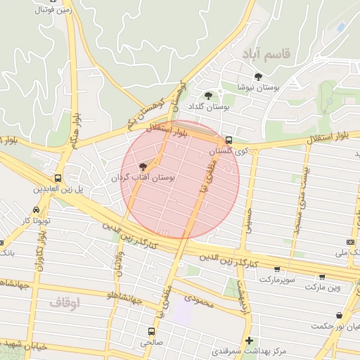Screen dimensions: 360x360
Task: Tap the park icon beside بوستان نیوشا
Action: [x=258, y=77]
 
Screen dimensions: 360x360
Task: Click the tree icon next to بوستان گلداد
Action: [x=207, y=96]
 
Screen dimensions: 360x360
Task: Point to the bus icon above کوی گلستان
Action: [x=229, y=139]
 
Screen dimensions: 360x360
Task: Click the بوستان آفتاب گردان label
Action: [x=145, y=179]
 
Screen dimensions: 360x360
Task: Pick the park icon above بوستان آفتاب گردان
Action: [x=143, y=167]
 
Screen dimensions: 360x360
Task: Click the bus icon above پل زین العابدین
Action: [x=57, y=178]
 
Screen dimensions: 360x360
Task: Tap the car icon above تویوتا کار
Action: [x=36, y=210]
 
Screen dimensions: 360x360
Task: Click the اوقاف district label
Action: [x=65, y=302]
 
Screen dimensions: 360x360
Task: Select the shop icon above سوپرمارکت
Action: [x=277, y=269]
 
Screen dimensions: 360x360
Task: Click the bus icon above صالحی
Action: [x=150, y=331]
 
